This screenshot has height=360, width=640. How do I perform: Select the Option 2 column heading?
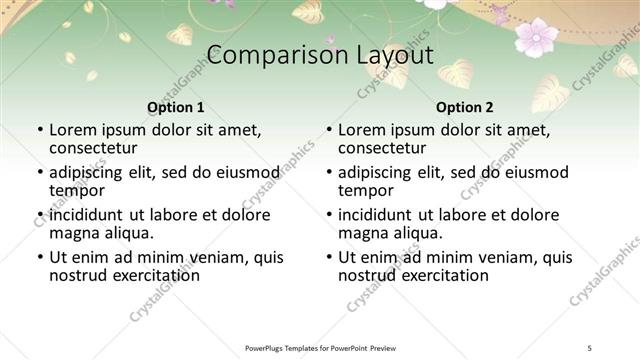point(464,107)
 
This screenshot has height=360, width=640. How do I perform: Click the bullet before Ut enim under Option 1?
point(39,258)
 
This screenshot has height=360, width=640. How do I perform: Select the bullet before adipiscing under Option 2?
point(328,173)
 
